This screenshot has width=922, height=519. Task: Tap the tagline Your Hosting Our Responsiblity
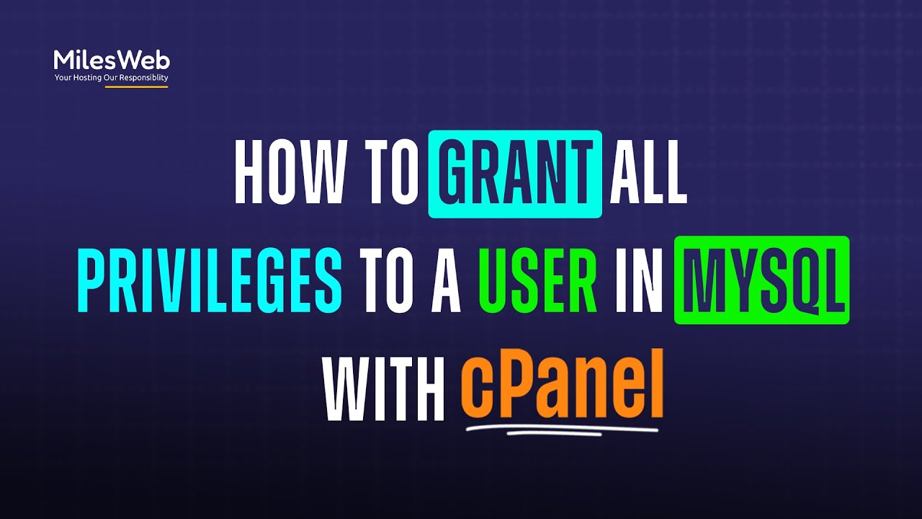[x=112, y=77]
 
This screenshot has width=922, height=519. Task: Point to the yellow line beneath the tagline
[x=136, y=87]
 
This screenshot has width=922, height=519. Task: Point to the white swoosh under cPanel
[x=562, y=430]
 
